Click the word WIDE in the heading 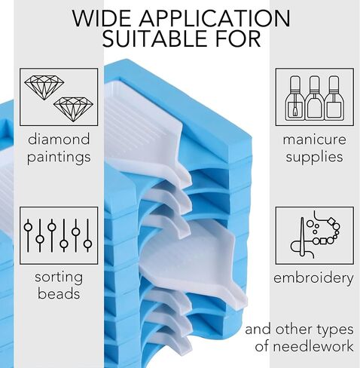101,18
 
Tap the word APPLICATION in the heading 215,18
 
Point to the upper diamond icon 44,87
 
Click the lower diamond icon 73,109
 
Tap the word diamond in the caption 59,139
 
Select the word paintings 59,157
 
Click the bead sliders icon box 59,235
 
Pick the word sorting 59,278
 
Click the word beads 59,293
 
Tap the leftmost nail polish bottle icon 294,98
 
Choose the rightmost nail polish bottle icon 334,98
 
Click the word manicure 314,140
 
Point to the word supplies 314,157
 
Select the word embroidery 313,278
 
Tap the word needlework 313,346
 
